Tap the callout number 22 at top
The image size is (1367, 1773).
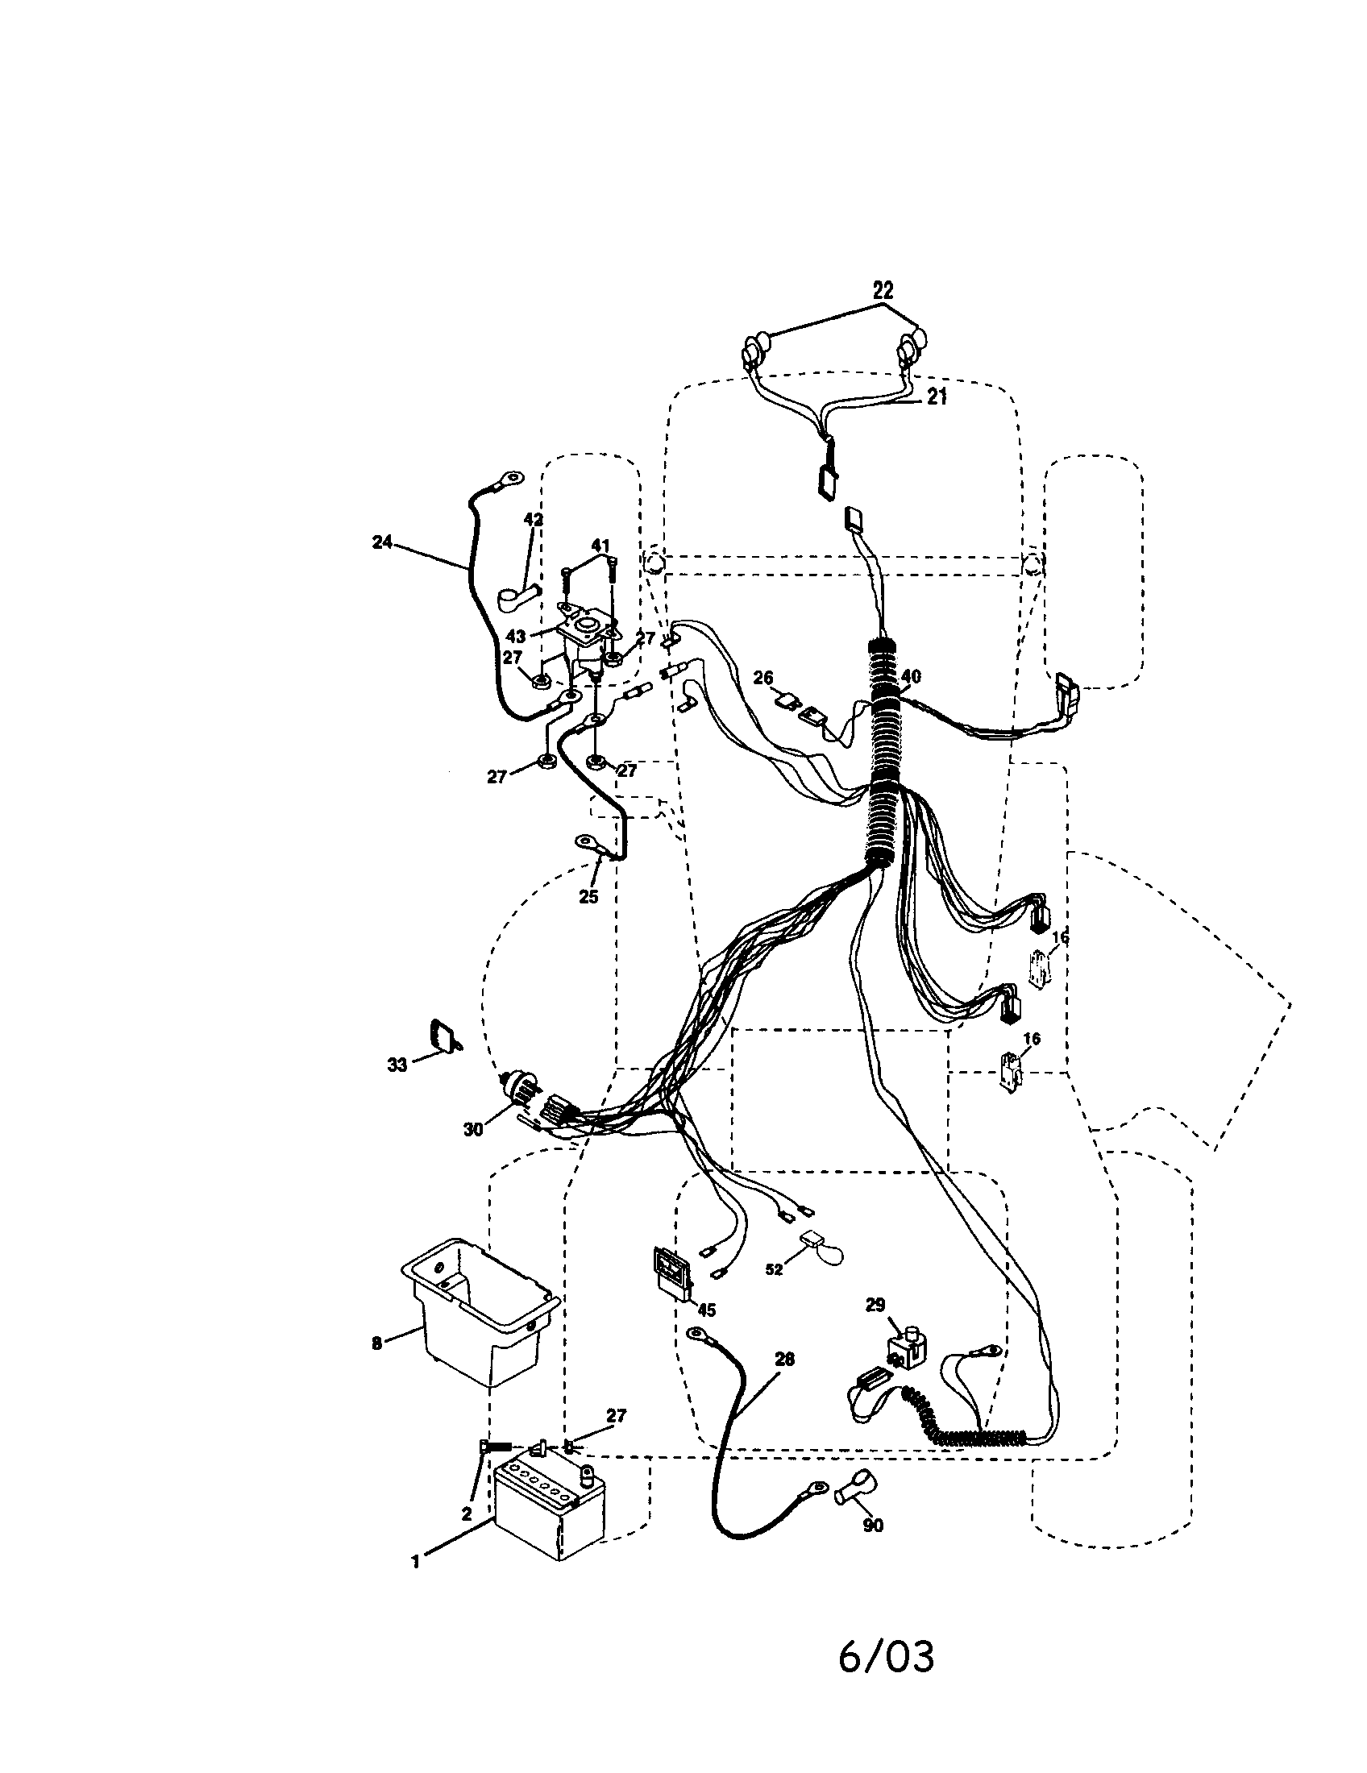coord(883,290)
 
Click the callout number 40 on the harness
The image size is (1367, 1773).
coord(911,675)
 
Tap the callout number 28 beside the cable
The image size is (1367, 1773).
coord(784,1359)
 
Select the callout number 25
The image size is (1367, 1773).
coord(588,896)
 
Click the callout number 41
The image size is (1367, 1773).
coord(599,545)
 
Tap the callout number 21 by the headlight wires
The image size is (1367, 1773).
coord(937,397)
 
